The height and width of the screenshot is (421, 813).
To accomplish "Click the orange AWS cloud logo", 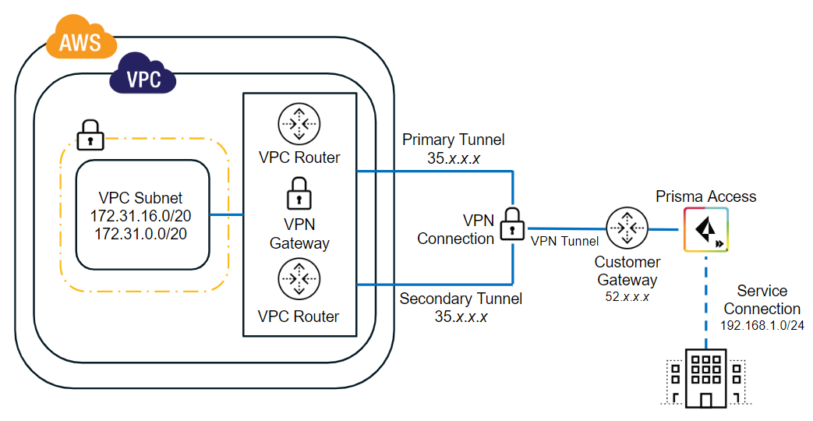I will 81,38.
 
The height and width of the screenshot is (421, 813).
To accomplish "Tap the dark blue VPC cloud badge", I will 143,78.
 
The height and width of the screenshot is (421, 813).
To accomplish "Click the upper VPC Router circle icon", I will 299,124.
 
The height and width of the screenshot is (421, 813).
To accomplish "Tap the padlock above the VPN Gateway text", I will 299,193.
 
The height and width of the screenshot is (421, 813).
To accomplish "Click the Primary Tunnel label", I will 453,140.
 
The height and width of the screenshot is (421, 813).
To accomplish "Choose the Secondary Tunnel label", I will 461,299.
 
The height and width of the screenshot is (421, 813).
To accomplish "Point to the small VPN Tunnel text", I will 564,242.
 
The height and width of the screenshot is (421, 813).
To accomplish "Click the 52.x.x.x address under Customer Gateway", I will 627,296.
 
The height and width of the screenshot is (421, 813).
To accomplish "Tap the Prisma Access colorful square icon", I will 706,229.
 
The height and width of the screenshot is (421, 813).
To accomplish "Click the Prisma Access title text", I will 705,196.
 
